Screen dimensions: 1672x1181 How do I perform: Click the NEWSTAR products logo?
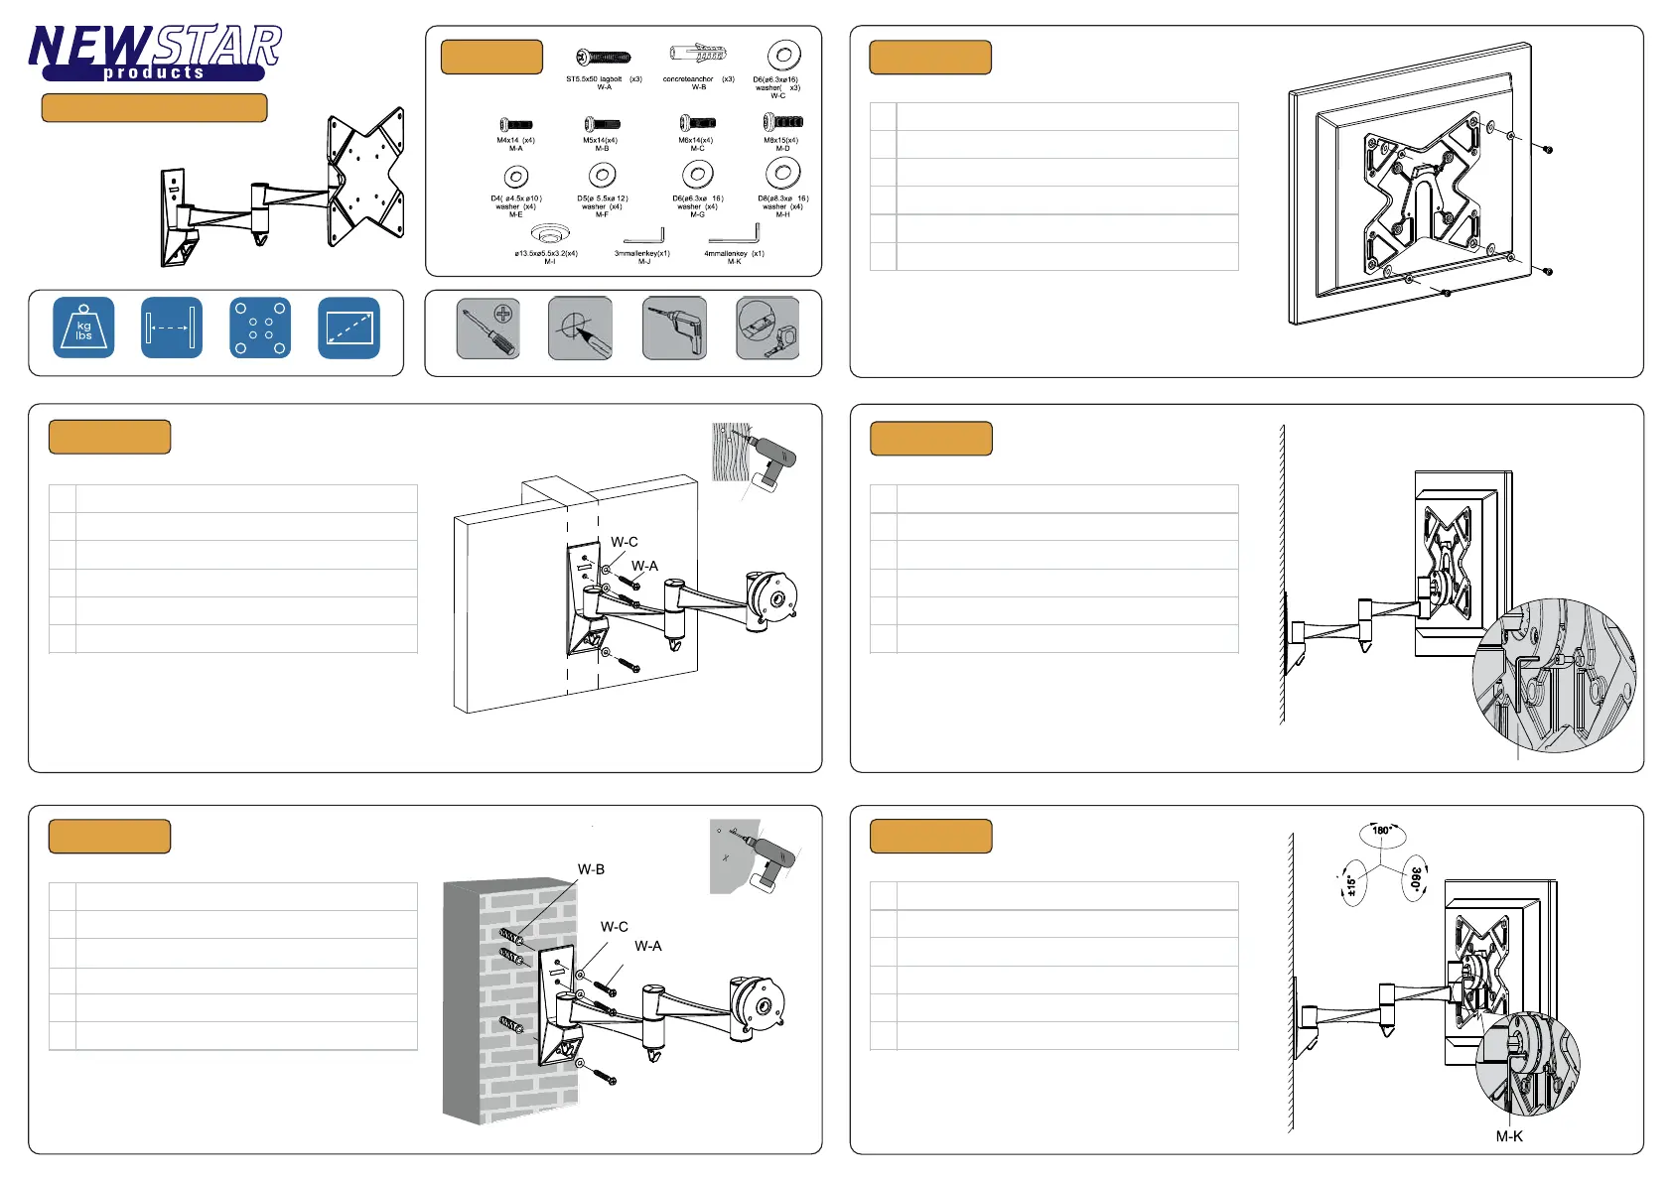tap(155, 53)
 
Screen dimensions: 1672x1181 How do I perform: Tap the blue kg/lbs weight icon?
tap(83, 328)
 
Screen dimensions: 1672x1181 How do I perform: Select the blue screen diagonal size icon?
tap(349, 328)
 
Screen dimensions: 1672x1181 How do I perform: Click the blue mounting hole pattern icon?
tap(260, 328)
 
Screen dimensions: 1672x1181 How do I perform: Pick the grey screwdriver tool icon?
tap(488, 328)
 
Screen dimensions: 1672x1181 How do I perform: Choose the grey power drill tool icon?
tap(674, 328)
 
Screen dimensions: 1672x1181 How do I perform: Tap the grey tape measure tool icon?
tap(767, 328)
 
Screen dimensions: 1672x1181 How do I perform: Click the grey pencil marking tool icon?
tap(580, 328)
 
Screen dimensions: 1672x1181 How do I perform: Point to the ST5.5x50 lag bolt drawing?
tap(604, 58)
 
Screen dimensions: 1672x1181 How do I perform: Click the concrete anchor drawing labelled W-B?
tap(699, 54)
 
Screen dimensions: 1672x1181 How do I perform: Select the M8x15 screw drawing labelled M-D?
tap(782, 122)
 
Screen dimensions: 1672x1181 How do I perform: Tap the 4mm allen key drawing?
tap(736, 234)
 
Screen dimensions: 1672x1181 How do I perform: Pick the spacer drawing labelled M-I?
tap(548, 234)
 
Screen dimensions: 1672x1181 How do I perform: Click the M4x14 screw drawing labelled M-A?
tap(515, 125)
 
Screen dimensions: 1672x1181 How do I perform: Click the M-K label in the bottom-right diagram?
tap(1509, 1136)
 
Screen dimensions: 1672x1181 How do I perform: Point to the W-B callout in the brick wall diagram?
tap(591, 869)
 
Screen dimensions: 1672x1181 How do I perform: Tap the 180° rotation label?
tap(1381, 831)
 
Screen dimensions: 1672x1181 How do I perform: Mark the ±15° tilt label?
tap(1350, 883)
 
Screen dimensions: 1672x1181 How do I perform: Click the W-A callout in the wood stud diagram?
tap(644, 566)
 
